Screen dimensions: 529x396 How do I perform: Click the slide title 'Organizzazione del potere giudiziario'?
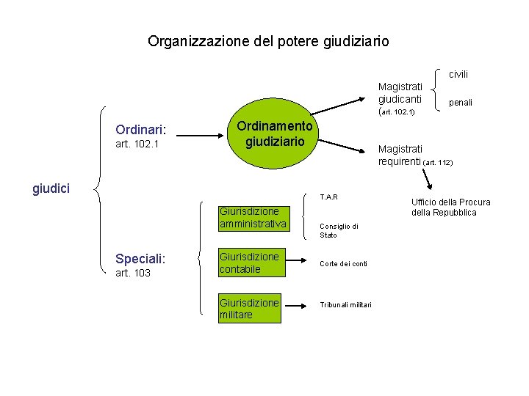click(x=268, y=41)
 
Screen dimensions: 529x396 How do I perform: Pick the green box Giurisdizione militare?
click(x=250, y=308)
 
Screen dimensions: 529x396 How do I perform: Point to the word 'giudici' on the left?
click(x=51, y=189)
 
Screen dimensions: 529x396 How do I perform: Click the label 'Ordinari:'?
click(x=141, y=130)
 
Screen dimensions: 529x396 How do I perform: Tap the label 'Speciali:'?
click(x=140, y=259)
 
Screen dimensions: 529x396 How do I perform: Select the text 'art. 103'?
click(x=133, y=274)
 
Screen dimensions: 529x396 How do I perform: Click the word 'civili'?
click(x=459, y=74)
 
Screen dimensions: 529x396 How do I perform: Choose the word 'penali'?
click(x=461, y=103)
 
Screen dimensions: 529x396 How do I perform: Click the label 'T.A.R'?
click(x=328, y=197)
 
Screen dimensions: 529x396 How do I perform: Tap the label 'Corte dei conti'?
click(x=344, y=263)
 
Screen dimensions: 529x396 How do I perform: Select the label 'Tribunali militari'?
click(x=345, y=305)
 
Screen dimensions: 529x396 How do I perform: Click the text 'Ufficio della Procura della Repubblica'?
click(x=450, y=208)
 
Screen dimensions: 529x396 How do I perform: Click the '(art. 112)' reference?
click(x=439, y=162)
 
